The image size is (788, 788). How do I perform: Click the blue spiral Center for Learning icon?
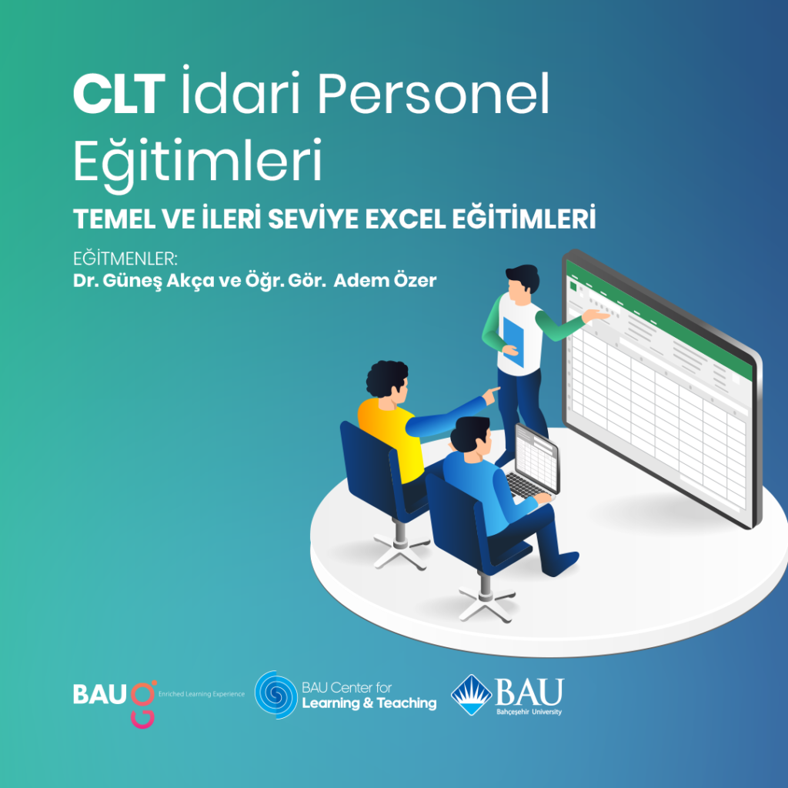tap(276, 694)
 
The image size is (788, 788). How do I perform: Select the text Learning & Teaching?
tap(369, 703)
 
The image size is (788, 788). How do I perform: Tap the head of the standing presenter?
tap(523, 280)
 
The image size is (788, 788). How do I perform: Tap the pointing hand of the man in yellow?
tap(492, 394)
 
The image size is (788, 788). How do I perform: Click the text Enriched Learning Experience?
tap(201, 694)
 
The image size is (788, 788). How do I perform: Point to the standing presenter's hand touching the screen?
tap(596, 315)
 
